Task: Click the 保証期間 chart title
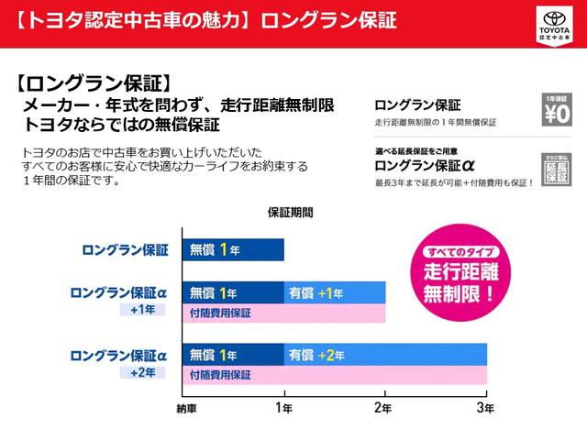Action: click(x=290, y=212)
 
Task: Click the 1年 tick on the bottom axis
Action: click(x=283, y=407)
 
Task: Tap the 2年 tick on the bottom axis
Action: click(x=384, y=407)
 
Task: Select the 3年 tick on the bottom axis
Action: click(x=485, y=407)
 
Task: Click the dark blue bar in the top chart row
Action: click(x=233, y=249)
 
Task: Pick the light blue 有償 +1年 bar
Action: click(x=334, y=293)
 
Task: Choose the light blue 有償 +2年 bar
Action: click(x=384, y=354)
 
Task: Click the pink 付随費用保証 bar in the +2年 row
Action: click(x=334, y=374)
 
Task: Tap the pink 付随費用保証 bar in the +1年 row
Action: click(x=283, y=313)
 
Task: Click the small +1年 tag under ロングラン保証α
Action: click(x=142, y=310)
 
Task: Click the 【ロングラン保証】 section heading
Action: click(x=94, y=83)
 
